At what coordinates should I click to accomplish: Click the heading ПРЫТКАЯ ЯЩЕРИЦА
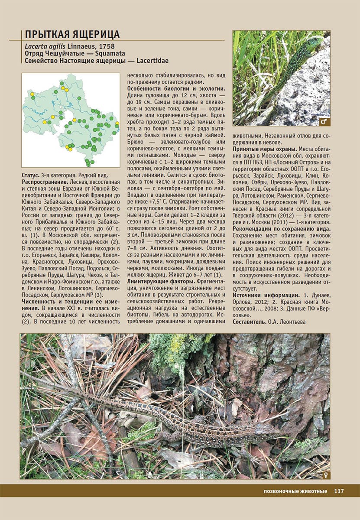pyautogui.click(x=72, y=35)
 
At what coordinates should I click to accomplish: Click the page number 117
pyautogui.click(x=339, y=491)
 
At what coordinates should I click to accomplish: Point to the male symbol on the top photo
pyautogui.click(x=324, y=121)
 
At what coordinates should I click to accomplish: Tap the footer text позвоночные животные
pyautogui.click(x=289, y=491)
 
